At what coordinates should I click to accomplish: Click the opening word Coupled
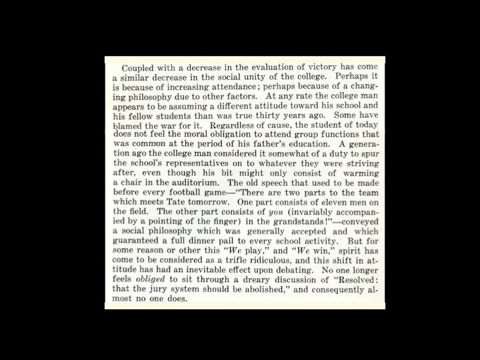click(x=139, y=67)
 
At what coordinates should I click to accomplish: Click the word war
click(x=172, y=124)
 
